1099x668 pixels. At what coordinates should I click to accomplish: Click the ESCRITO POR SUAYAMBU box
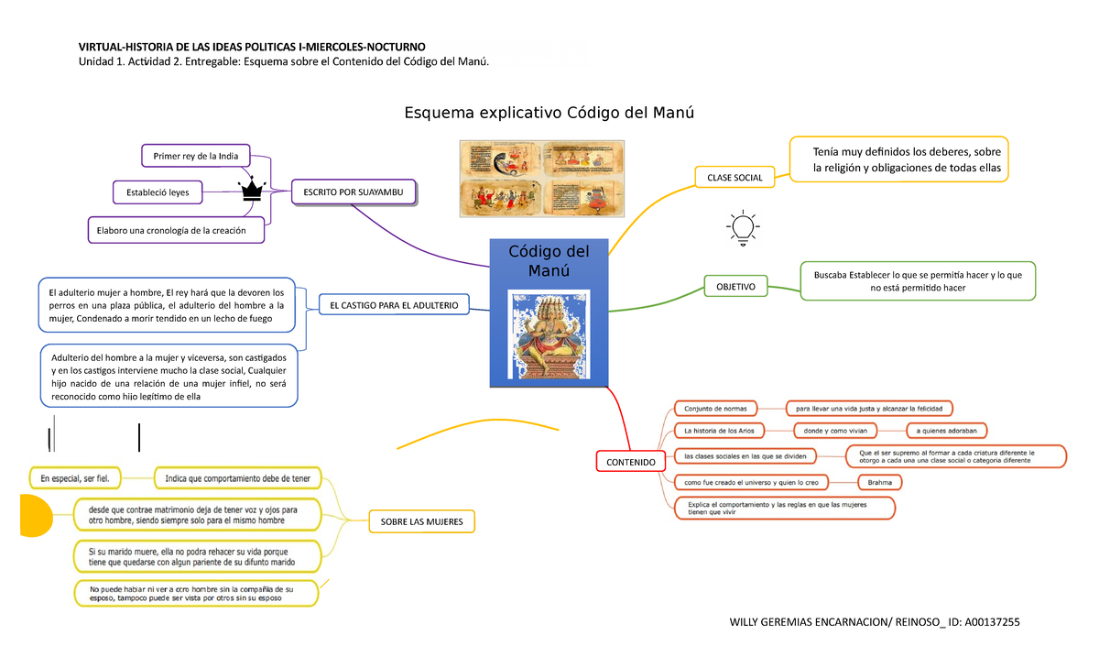coord(354,192)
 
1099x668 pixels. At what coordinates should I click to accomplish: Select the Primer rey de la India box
coord(195,156)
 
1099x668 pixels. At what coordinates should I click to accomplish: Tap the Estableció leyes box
coord(158,192)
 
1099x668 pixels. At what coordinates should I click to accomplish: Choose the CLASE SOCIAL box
coord(734,176)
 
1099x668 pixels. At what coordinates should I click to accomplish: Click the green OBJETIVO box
coord(735,287)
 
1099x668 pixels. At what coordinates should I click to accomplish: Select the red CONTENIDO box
coord(631,463)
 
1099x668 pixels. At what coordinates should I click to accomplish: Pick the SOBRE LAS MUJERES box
coord(421,522)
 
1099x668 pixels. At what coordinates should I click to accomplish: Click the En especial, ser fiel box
coord(75,478)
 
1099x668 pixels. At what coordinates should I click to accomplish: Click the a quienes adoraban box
coord(946,431)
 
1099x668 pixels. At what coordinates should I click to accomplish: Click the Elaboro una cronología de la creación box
coord(176,230)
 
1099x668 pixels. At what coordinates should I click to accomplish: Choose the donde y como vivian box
coord(834,431)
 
